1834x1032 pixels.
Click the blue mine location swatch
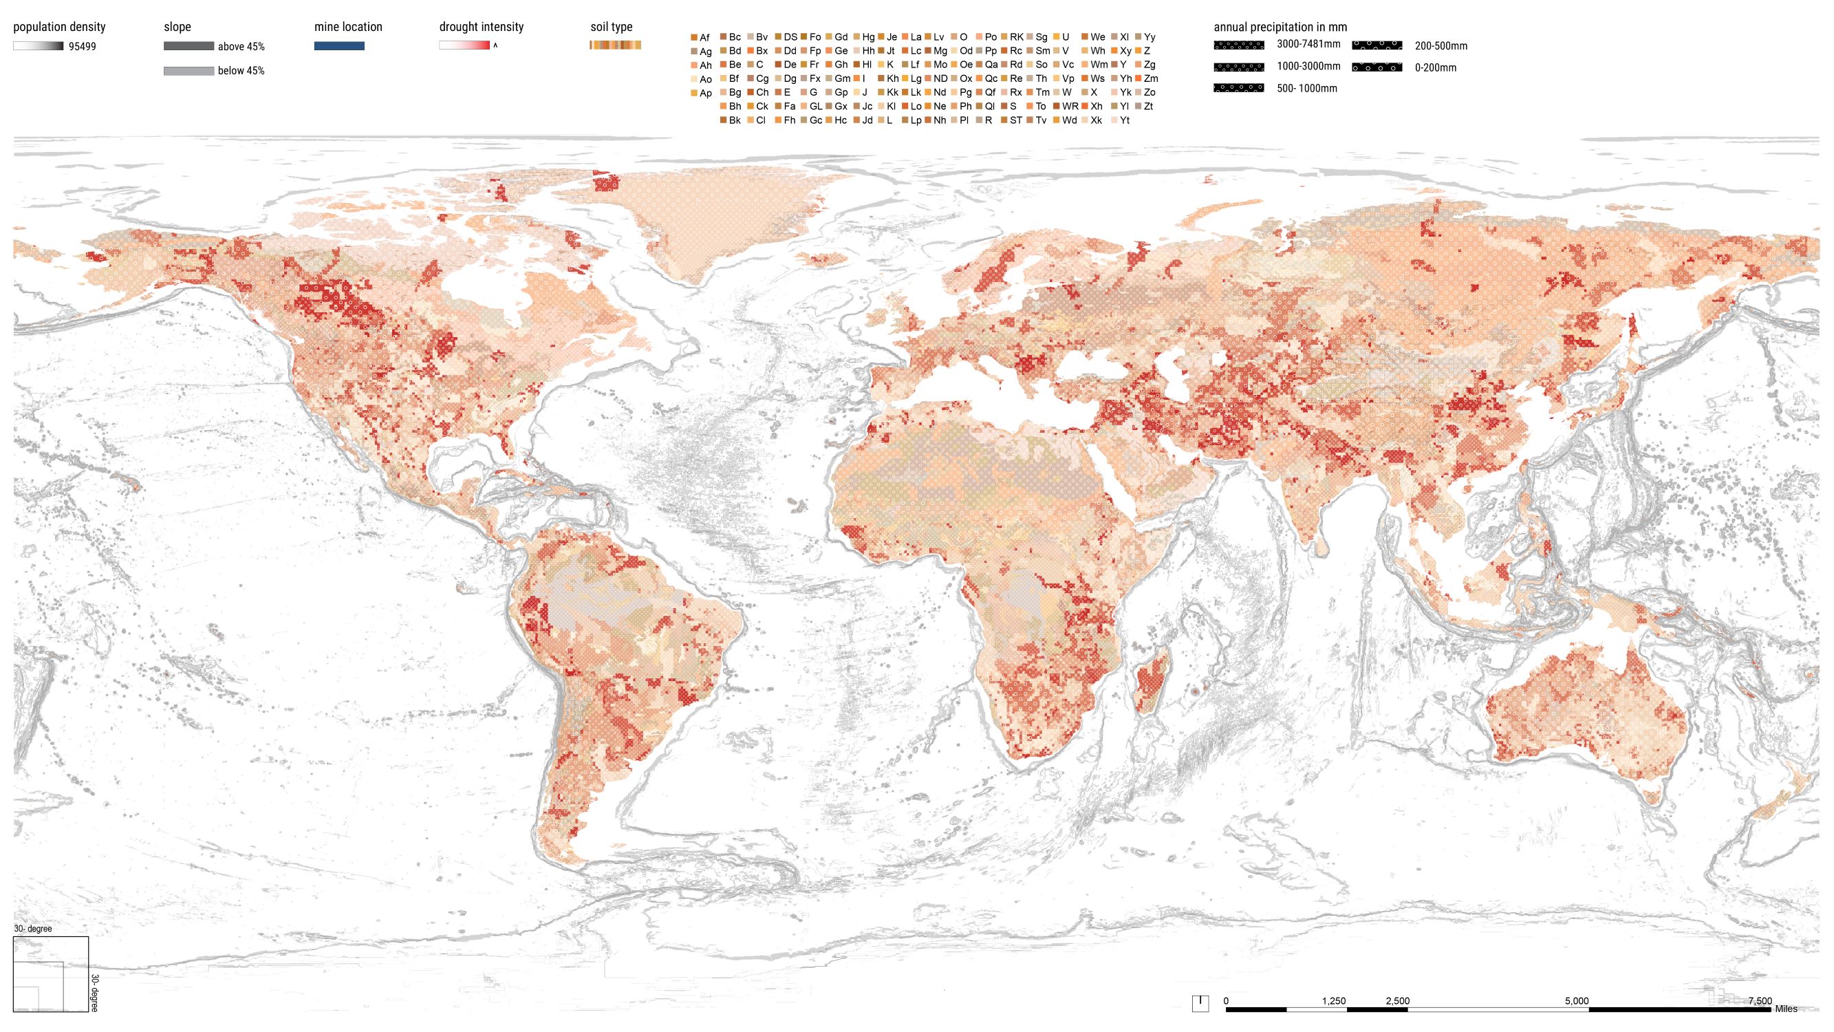click(x=339, y=46)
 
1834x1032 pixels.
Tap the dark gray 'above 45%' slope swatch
click(x=188, y=46)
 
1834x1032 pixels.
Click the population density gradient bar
click(x=38, y=46)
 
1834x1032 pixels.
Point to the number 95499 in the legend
click(x=82, y=47)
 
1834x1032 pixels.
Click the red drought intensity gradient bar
click(x=464, y=45)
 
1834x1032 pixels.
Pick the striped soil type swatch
click(x=615, y=45)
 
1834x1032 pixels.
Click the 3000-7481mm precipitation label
click(x=1308, y=44)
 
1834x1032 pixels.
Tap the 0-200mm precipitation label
click(x=1435, y=68)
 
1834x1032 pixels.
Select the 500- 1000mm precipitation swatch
click(x=1239, y=88)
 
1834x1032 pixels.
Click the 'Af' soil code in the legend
click(x=704, y=38)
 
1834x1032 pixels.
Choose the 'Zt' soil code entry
click(x=1147, y=106)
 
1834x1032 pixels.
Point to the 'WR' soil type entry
click(x=1070, y=106)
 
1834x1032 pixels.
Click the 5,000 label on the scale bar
click(x=1576, y=1000)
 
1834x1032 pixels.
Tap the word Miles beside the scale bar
click(x=1786, y=1009)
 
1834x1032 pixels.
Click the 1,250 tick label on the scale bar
click(x=1333, y=1000)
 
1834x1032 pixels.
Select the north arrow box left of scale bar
click(x=1200, y=1003)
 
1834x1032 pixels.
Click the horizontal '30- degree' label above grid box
click(x=33, y=929)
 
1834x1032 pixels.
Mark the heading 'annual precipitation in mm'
click(x=1280, y=27)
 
